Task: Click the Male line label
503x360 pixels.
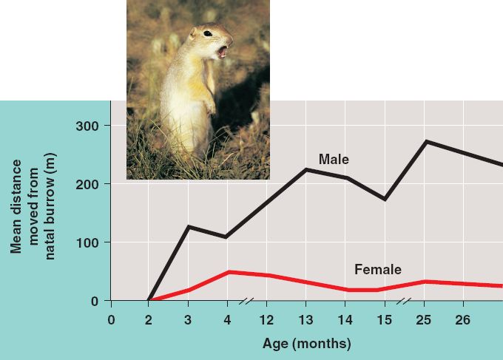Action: (334, 159)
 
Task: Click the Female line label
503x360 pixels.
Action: (378, 270)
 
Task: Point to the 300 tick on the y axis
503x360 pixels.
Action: (89, 126)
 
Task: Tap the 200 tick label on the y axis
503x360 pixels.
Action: (89, 184)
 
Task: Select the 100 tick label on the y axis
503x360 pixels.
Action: (89, 242)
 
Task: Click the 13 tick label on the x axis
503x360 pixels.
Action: (305, 319)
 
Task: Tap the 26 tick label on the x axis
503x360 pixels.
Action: (464, 319)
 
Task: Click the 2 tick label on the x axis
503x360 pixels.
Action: (149, 319)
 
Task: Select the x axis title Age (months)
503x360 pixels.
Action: (306, 344)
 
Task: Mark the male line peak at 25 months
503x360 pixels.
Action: (425, 141)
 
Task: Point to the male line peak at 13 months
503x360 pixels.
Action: (305, 169)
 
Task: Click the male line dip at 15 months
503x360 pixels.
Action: (385, 200)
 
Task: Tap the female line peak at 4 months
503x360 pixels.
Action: (227, 272)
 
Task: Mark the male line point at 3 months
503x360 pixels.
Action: (188, 226)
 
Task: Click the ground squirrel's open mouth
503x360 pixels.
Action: (223, 52)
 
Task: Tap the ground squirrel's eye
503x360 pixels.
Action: (208, 33)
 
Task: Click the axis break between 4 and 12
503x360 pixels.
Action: (247, 301)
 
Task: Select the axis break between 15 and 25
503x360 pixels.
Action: (405, 301)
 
